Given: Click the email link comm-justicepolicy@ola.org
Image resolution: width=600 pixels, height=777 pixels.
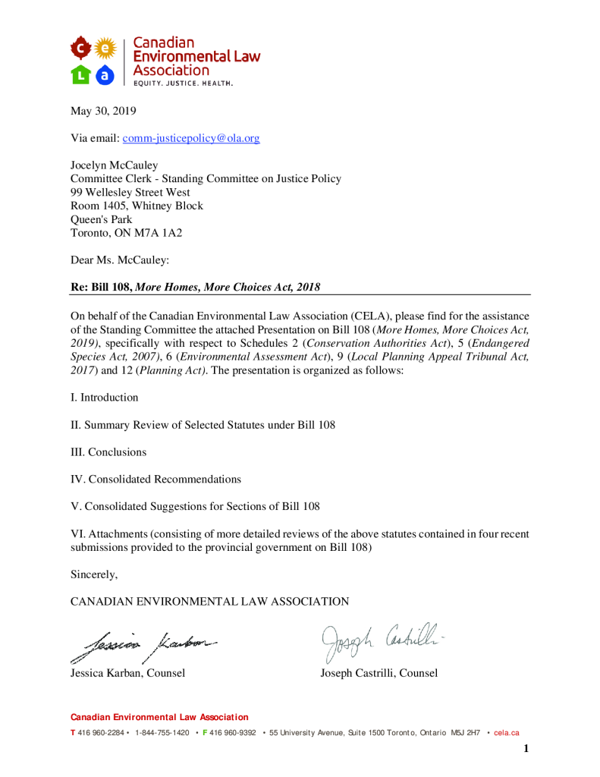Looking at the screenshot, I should click(x=191, y=138).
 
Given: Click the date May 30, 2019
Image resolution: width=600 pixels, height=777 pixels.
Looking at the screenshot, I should click(x=103, y=111).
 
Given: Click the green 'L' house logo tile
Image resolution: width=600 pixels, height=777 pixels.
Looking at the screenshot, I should click(x=80, y=74).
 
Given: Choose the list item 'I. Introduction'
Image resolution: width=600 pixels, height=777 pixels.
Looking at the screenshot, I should click(x=105, y=398).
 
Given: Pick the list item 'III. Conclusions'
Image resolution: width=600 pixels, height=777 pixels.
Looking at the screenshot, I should click(x=108, y=452).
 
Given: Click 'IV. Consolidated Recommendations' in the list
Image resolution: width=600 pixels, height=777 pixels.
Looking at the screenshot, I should click(x=155, y=480).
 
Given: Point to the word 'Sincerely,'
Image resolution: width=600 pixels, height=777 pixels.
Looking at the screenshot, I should click(x=94, y=574).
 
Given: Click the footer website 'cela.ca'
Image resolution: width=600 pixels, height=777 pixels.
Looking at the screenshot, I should click(x=507, y=733).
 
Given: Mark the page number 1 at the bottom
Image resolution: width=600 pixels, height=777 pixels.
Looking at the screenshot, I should click(x=526, y=750).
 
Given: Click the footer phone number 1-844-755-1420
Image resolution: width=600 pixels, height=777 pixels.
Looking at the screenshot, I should click(x=162, y=733).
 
